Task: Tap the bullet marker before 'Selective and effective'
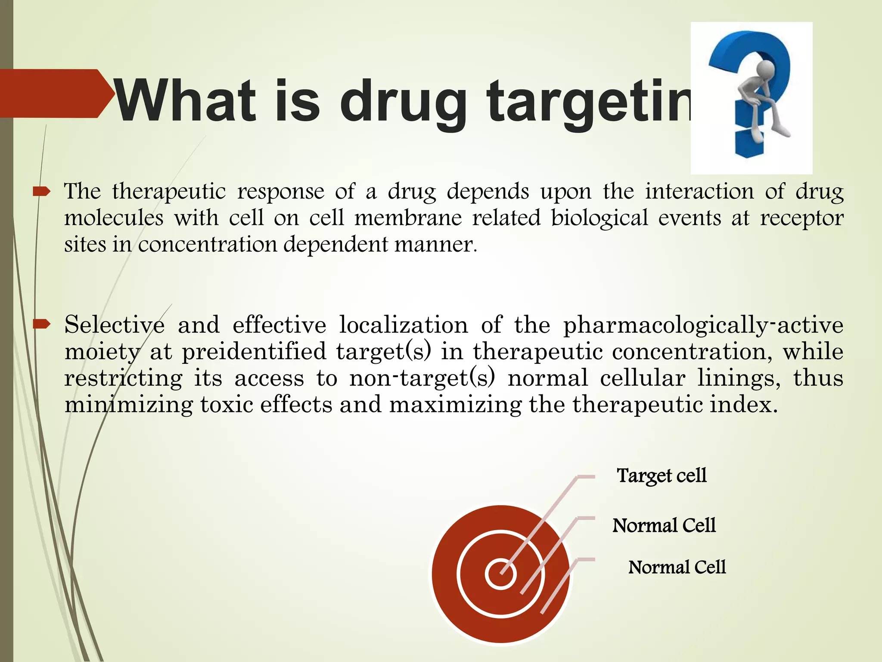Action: click(x=42, y=324)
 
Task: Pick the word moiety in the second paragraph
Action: click(x=102, y=352)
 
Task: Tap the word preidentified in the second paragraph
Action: click(x=254, y=352)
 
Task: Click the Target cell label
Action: click(x=661, y=476)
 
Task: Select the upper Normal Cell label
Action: click(x=664, y=525)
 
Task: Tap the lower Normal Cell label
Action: click(x=677, y=567)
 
